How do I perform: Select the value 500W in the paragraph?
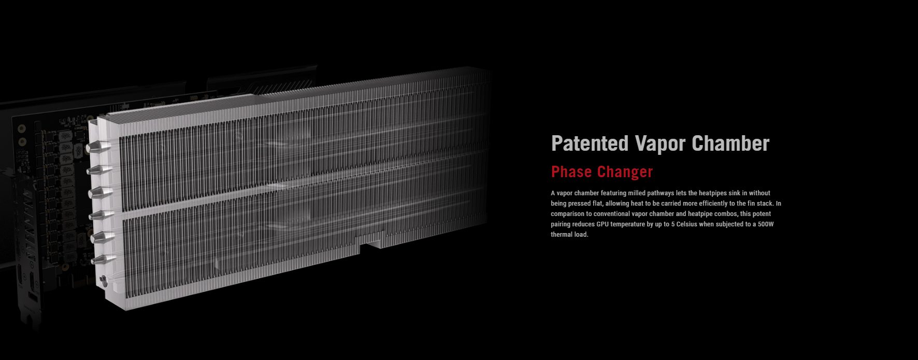(x=765, y=224)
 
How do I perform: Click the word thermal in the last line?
(x=562, y=235)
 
